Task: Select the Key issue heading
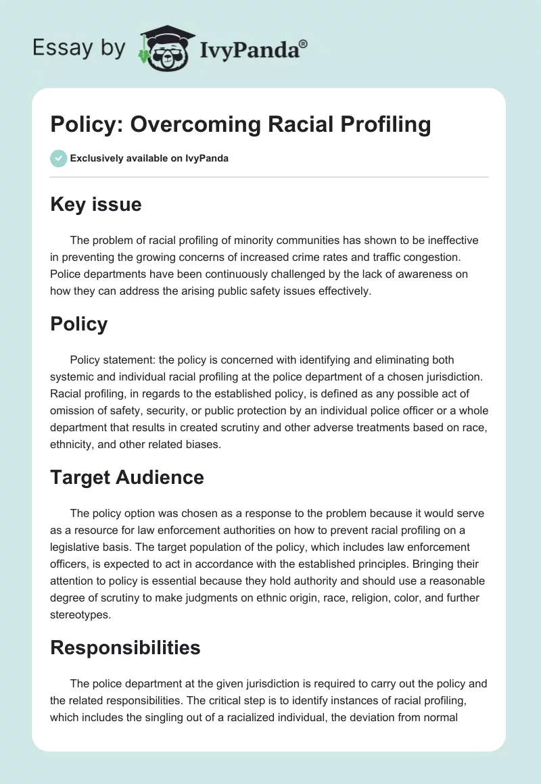(96, 204)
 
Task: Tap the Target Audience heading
(127, 477)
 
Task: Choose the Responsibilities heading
(126, 647)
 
